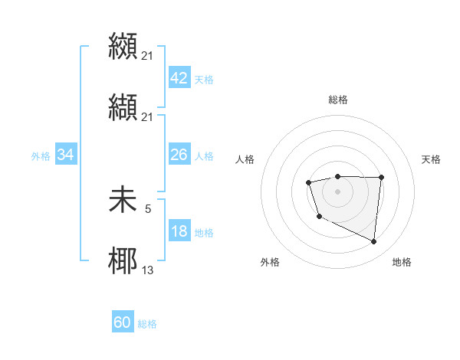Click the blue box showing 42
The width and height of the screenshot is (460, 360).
pos(179,79)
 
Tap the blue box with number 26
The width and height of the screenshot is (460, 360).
pos(179,155)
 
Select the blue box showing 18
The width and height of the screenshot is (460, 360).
pos(179,231)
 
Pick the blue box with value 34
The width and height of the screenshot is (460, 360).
pos(66,155)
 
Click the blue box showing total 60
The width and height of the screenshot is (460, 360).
pos(123,322)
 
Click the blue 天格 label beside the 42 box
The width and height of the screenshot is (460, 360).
pos(204,80)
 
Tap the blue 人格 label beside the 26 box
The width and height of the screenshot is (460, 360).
pos(204,155)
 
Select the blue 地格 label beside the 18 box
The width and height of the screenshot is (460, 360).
pos(204,232)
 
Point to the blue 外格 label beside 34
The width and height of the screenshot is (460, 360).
pos(41,155)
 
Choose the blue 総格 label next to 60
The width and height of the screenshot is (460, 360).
pos(147,323)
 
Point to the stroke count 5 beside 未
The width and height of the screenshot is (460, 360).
pos(148,207)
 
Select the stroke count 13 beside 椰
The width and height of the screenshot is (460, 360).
pos(148,269)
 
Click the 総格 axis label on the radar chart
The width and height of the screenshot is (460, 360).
pos(338,100)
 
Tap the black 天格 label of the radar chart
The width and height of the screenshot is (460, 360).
pos(432,159)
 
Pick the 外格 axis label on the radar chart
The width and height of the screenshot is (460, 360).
pos(270,262)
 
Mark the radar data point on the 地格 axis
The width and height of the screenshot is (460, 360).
pos(374,242)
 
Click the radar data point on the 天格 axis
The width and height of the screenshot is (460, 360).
pos(381,178)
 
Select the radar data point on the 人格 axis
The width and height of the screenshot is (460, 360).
pos(308,182)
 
